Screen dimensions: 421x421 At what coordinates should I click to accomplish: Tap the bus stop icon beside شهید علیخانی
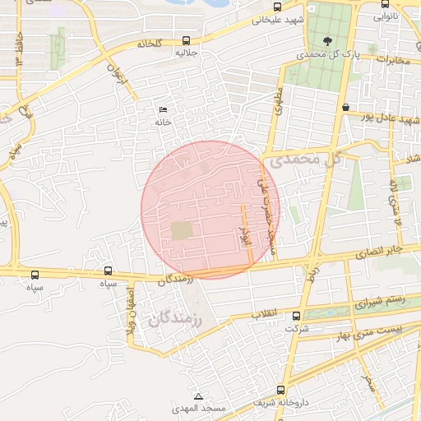(x=256, y=20)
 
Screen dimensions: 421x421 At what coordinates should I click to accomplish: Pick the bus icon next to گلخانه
(x=187, y=39)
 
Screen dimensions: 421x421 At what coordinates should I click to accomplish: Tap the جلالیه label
(x=186, y=52)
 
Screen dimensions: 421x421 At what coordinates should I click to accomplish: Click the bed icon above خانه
(x=162, y=110)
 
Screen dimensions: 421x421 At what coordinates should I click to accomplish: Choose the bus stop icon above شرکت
(x=296, y=316)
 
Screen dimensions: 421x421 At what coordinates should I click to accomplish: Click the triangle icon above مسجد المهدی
(x=197, y=396)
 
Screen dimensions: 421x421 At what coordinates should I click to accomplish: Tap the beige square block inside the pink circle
(x=180, y=231)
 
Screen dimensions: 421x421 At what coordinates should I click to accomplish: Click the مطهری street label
(x=278, y=104)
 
